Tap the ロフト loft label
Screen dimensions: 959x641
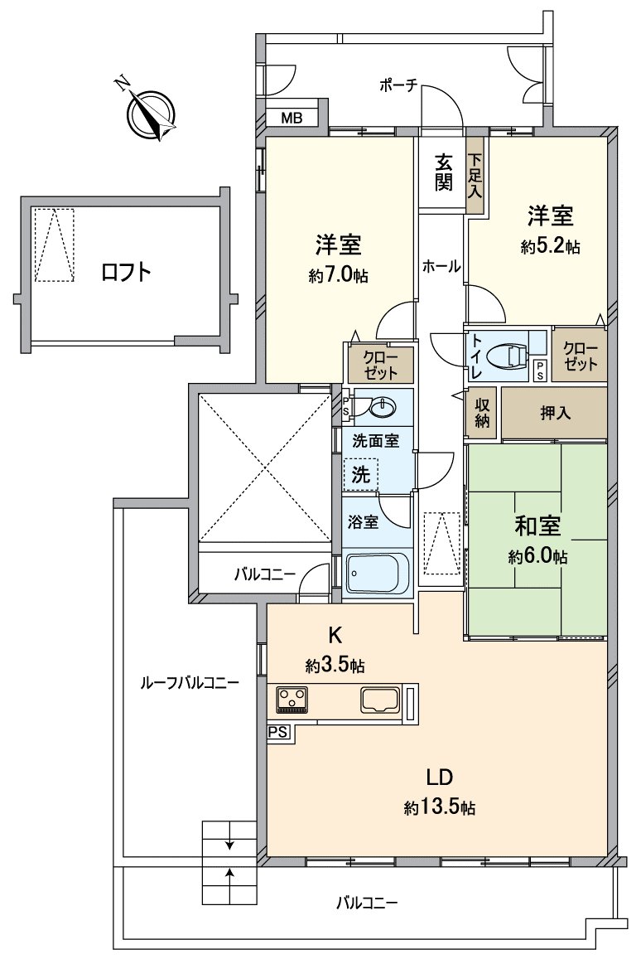tap(126, 272)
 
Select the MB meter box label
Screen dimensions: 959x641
tap(291, 118)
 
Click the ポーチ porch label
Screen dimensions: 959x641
tap(400, 85)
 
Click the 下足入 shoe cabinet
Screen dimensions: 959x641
tap(475, 175)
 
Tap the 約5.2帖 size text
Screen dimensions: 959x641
tap(550, 246)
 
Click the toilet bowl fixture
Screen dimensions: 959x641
tap(507, 356)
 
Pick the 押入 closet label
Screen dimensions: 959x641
tap(555, 412)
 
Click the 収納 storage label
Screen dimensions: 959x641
tap(482, 412)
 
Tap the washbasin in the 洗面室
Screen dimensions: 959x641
tap(383, 407)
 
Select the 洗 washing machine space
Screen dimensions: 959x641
tap(361, 476)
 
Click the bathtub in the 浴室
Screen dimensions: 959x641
tap(377, 573)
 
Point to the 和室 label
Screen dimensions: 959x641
tap(537, 527)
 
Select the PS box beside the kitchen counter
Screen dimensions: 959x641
tap(277, 732)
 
